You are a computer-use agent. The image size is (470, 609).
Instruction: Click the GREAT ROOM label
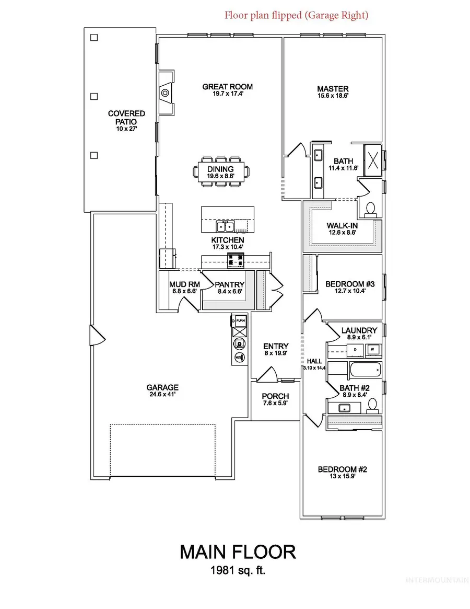coord(227,87)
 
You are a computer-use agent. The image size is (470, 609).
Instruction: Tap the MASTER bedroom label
coord(333,89)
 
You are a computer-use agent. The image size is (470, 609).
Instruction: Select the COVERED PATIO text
coord(126,117)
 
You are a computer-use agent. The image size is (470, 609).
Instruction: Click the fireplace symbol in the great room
coord(165,93)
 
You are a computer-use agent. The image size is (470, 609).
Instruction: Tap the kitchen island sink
coord(226,227)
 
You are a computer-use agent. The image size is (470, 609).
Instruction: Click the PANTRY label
coord(230,284)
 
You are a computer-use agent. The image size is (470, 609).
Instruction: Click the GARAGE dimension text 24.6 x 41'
coord(162,395)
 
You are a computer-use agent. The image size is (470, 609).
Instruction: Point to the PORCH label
coord(275,396)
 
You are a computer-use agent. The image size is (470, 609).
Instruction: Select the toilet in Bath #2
coord(372,404)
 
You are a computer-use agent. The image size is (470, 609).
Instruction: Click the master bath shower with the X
coord(374,158)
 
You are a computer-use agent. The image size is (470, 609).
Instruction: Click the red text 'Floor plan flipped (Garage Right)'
coord(296,15)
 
